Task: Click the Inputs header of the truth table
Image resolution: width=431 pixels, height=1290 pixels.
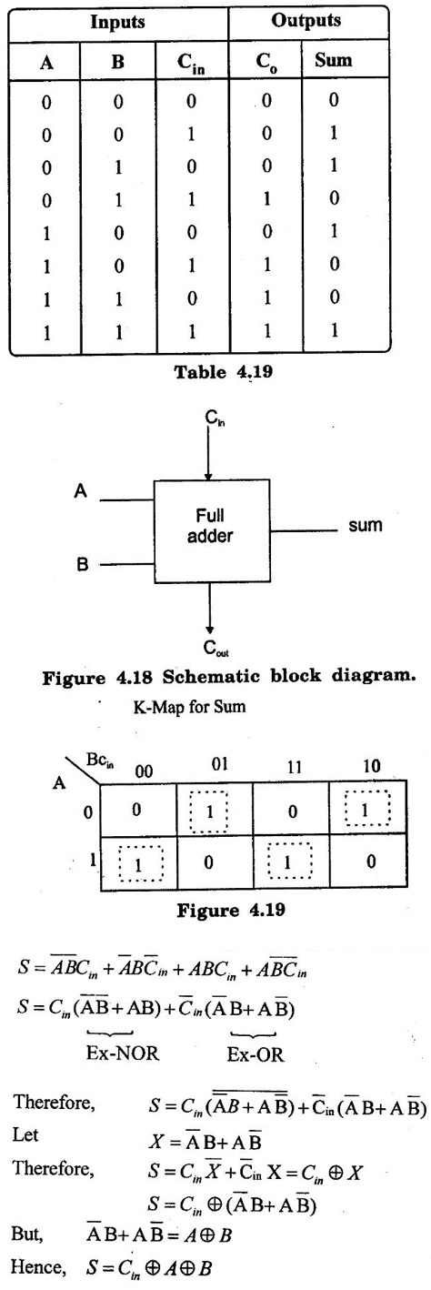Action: pos(117,23)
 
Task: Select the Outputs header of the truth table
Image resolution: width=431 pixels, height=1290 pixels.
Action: pos(306,21)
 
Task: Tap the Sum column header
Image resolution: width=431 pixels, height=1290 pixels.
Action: pos(333,60)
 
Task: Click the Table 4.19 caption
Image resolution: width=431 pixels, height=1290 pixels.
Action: pos(224,372)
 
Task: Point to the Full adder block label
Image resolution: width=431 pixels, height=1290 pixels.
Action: pos(210,525)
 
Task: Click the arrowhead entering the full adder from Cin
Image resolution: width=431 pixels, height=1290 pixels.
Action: pos(208,476)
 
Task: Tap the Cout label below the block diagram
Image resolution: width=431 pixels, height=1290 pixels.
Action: pos(215,649)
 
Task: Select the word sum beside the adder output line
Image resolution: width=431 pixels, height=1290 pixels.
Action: pos(366,525)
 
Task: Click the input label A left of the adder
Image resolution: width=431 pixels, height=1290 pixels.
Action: pos(81,491)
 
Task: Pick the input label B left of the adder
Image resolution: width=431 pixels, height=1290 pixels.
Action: pos(82,564)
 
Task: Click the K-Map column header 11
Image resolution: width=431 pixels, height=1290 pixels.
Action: pos(294,768)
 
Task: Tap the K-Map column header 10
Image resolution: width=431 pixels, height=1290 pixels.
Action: pos(372,766)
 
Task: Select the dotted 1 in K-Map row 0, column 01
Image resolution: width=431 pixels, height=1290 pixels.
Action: pos(209,811)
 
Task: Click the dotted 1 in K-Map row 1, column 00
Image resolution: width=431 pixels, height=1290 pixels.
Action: pos(139,864)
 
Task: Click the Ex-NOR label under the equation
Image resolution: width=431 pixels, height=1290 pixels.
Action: pos(123,1053)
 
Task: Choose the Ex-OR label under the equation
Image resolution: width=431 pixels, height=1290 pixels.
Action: pos(256,1054)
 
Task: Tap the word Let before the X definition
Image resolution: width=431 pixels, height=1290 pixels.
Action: pos(25,1135)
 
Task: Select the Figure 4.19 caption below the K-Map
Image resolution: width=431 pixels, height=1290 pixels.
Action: pos(231,911)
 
